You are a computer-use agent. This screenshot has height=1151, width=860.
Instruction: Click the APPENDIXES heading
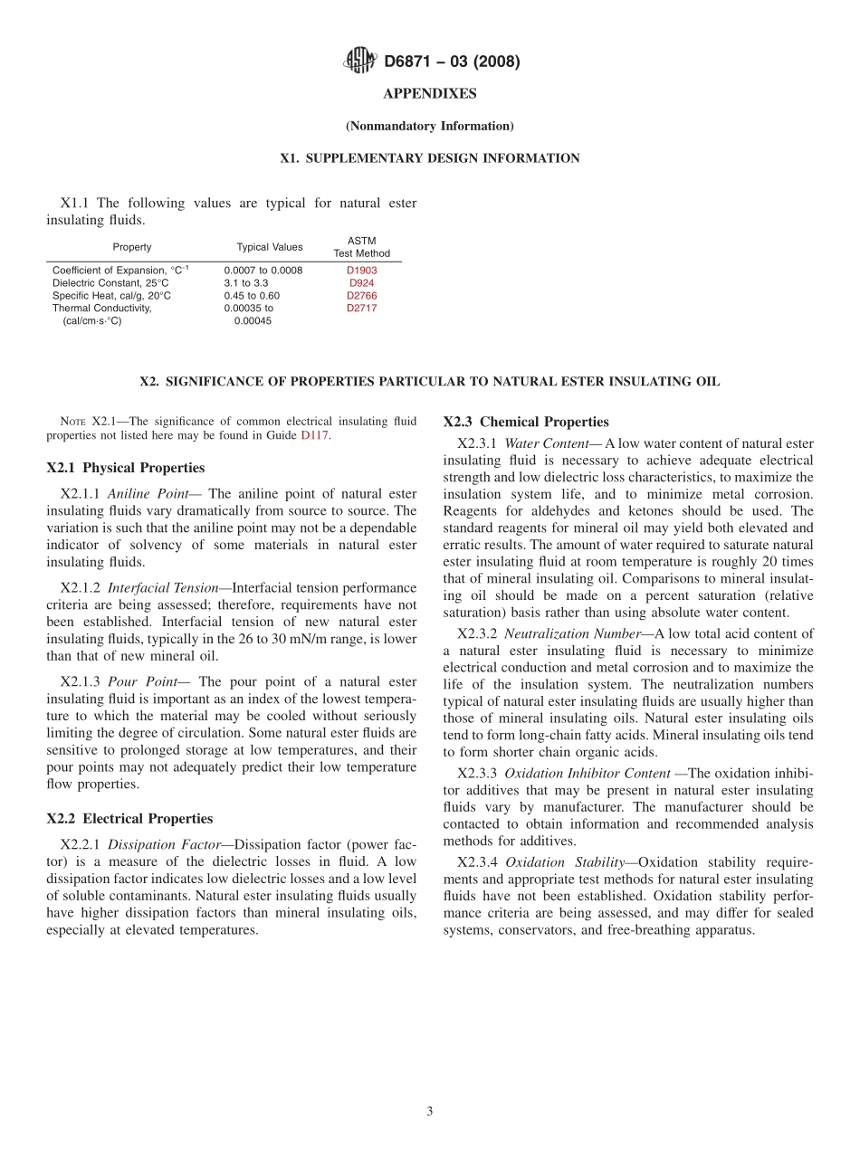coord(430,94)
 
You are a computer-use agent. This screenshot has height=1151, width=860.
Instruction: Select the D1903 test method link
coord(361,271)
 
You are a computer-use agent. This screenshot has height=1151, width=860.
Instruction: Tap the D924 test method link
coord(361,283)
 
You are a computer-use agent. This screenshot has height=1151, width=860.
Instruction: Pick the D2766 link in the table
coord(361,296)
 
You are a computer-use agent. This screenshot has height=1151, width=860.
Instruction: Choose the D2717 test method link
coord(361,309)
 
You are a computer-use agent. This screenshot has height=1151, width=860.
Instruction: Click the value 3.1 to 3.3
coord(246,283)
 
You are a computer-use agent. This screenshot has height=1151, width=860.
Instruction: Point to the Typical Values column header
coord(270,247)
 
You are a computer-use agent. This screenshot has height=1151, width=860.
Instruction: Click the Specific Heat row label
coord(111,296)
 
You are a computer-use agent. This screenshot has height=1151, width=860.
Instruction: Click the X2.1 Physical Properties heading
coord(126,468)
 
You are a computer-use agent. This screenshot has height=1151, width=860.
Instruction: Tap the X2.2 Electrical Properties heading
coord(129,819)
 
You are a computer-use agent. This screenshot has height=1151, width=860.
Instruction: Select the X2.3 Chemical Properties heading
coord(526,422)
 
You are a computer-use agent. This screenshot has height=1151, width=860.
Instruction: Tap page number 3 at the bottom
coord(430,1111)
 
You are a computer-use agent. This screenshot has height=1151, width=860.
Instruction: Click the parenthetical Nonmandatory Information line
coord(430,126)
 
